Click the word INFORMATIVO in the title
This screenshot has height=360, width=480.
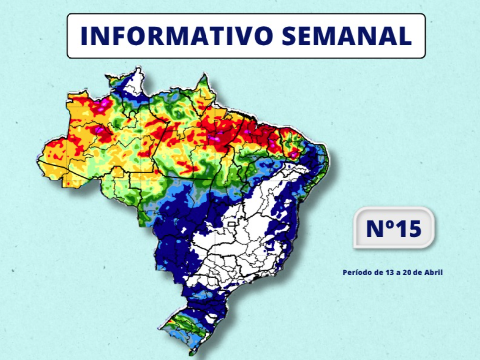point(171,36)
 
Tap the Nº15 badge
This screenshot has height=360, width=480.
point(394,228)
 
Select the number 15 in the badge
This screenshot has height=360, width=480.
point(408,228)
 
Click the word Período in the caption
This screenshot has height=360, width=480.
point(355,272)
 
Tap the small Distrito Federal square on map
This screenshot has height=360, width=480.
point(231,224)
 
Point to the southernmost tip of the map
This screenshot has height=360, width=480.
point(191,354)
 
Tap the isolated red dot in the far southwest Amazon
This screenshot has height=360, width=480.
point(67,184)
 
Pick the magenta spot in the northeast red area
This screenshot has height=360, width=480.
point(295,154)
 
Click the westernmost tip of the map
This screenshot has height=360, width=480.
point(38,159)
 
